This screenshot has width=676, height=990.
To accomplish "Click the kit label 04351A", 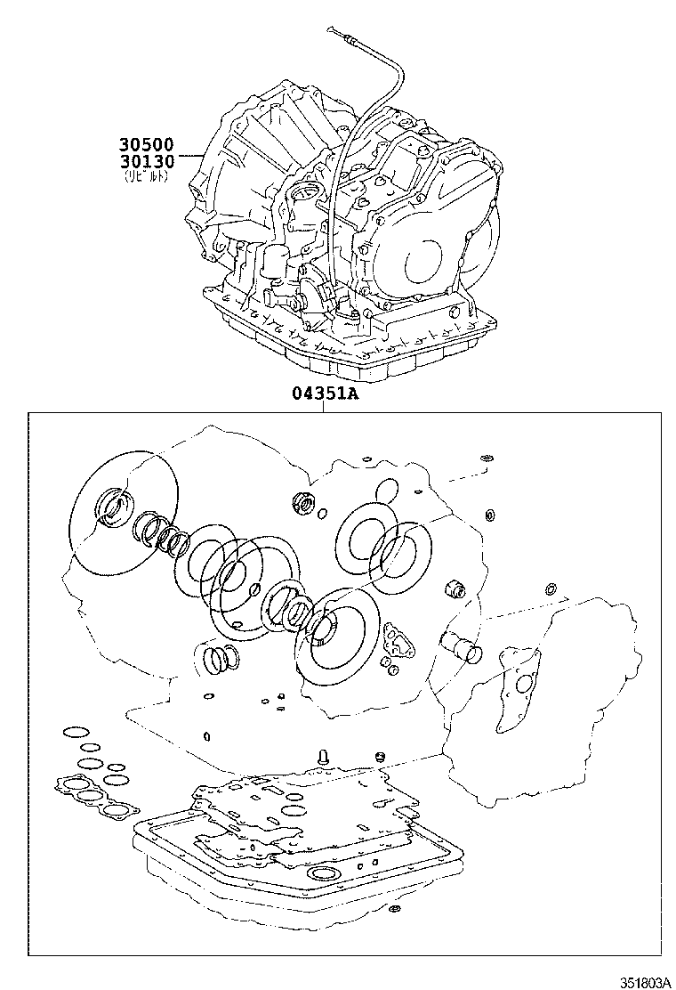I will tap(325, 394).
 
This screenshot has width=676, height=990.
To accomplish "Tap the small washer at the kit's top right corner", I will tap(486, 458).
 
